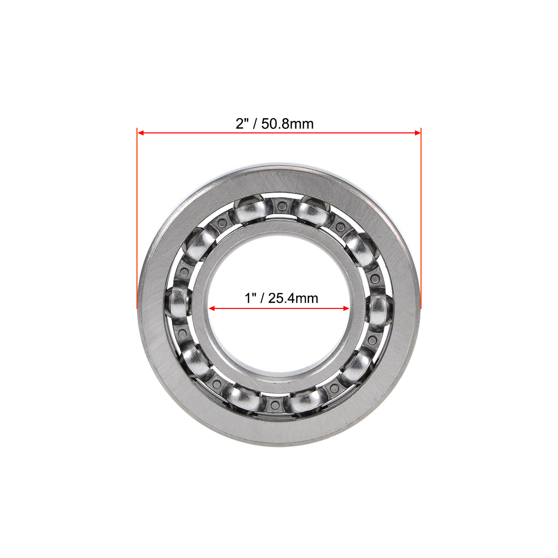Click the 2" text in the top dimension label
pos(241,123)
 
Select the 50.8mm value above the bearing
pos(288,124)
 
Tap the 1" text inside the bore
pos(250,298)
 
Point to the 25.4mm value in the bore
pos(293,298)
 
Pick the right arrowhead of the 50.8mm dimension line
pos(417,133)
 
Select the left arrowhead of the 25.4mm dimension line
pos(213,308)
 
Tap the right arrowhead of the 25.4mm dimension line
pos(346,308)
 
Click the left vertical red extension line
pos(137,218)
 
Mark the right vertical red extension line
pos(421,218)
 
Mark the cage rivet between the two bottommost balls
pos(275,404)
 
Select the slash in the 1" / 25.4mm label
pos(262,298)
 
